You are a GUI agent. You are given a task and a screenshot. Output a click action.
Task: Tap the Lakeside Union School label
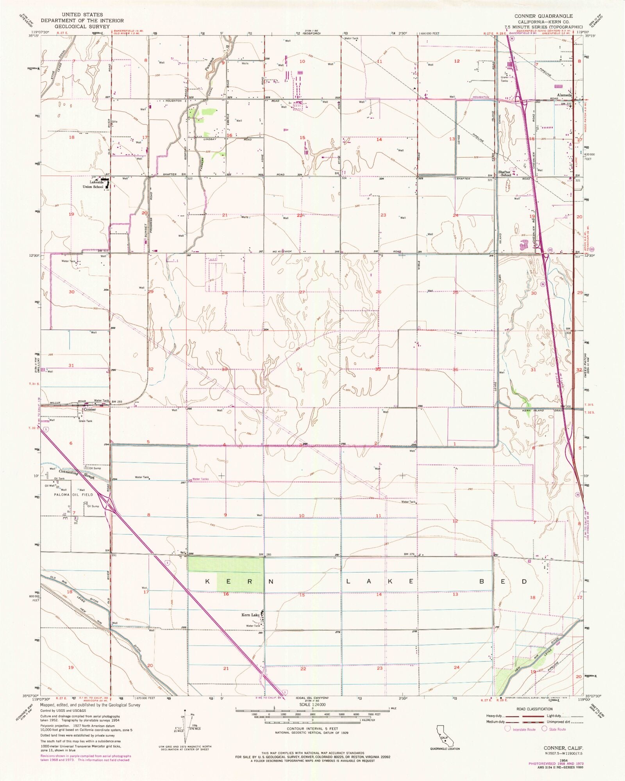click(91, 184)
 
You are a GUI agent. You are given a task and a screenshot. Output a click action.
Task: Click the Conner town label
click(89, 410)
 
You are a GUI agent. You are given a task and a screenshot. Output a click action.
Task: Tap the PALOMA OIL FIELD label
click(74, 495)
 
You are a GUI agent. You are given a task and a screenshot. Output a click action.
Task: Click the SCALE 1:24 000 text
click(312, 705)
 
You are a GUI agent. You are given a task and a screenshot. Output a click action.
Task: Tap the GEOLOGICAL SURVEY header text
click(82, 26)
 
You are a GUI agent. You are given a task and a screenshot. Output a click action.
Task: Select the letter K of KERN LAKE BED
click(208, 582)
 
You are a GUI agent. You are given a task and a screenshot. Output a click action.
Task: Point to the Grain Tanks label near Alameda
click(505, 79)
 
